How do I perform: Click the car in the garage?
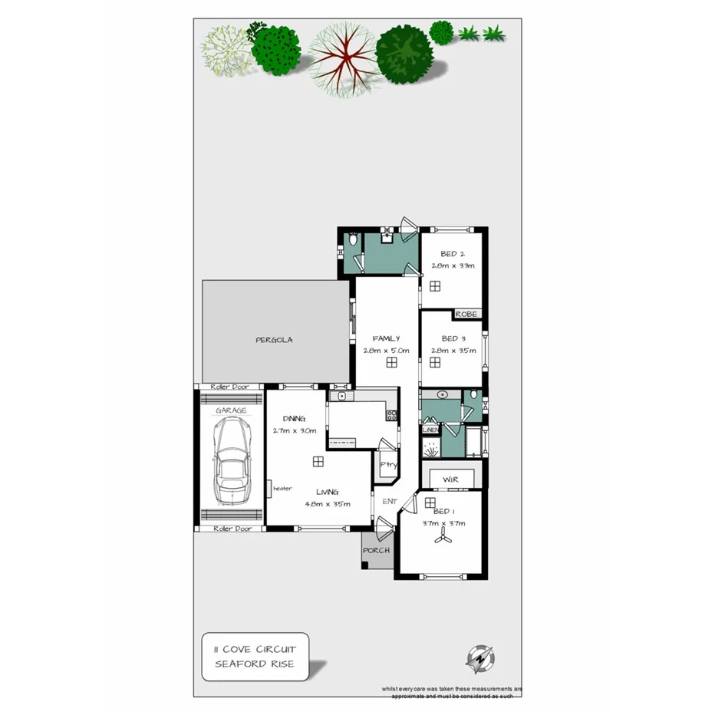(231, 463)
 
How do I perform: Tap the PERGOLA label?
(274, 339)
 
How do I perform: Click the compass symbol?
(481, 658)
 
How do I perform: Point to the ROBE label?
(466, 314)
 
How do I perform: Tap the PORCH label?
(377, 550)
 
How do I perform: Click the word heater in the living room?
(282, 487)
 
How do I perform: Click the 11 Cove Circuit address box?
(255, 656)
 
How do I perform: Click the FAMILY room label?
(386, 338)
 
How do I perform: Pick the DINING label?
(294, 419)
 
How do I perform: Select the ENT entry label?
(390, 501)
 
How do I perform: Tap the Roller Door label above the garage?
(232, 387)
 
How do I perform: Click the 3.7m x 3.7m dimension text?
(444, 523)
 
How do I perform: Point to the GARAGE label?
(231, 410)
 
